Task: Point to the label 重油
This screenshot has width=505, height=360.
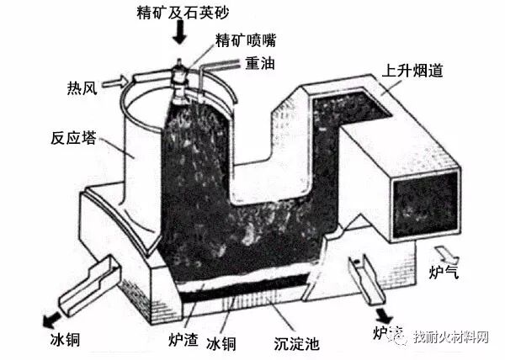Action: [258, 63]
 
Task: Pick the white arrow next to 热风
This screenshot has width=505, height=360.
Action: [120, 82]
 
